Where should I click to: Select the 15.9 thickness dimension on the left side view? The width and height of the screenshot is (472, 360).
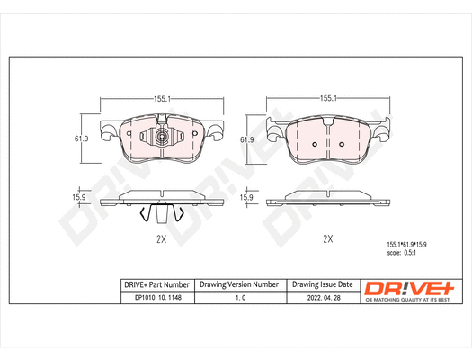tap(79, 197)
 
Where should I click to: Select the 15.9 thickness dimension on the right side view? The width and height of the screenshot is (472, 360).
tap(245, 197)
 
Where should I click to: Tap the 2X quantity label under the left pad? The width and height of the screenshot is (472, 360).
tap(163, 239)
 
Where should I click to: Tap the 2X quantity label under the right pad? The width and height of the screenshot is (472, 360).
tap(328, 239)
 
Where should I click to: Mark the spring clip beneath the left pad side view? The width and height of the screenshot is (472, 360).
tap(163, 213)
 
